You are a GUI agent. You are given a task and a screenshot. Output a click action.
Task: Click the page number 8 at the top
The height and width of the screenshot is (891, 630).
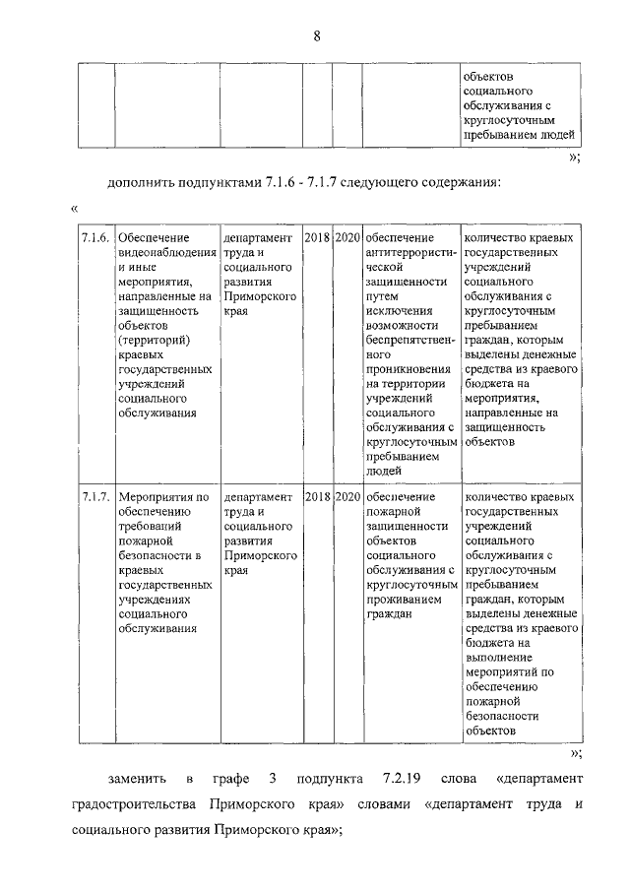pyautogui.click(x=316, y=36)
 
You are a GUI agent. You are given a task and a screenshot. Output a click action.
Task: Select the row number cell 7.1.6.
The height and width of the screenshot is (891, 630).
pyautogui.click(x=95, y=239)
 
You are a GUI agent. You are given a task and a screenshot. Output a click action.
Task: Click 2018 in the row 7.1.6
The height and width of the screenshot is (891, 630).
pyautogui.click(x=317, y=239)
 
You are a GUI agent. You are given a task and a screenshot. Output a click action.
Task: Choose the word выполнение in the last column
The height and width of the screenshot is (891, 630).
pyautogui.click(x=499, y=658)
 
